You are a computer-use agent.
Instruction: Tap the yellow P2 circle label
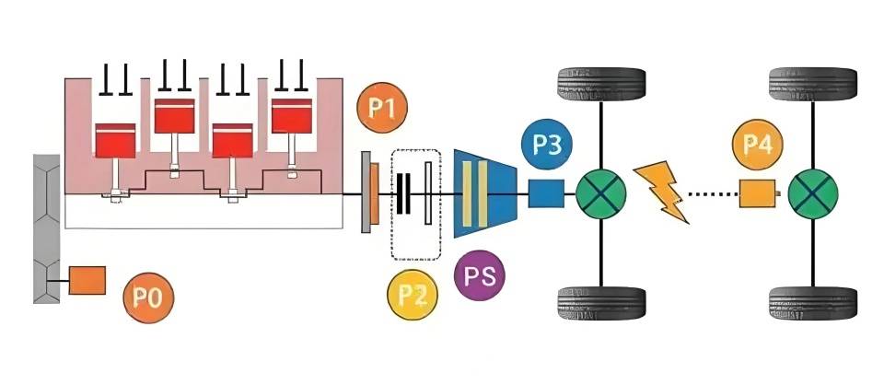(x=413, y=295)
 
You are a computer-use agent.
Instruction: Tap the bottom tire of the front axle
(x=601, y=303)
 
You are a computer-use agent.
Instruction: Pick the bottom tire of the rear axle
(x=814, y=303)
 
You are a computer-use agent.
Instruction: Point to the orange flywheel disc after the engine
(x=371, y=194)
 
